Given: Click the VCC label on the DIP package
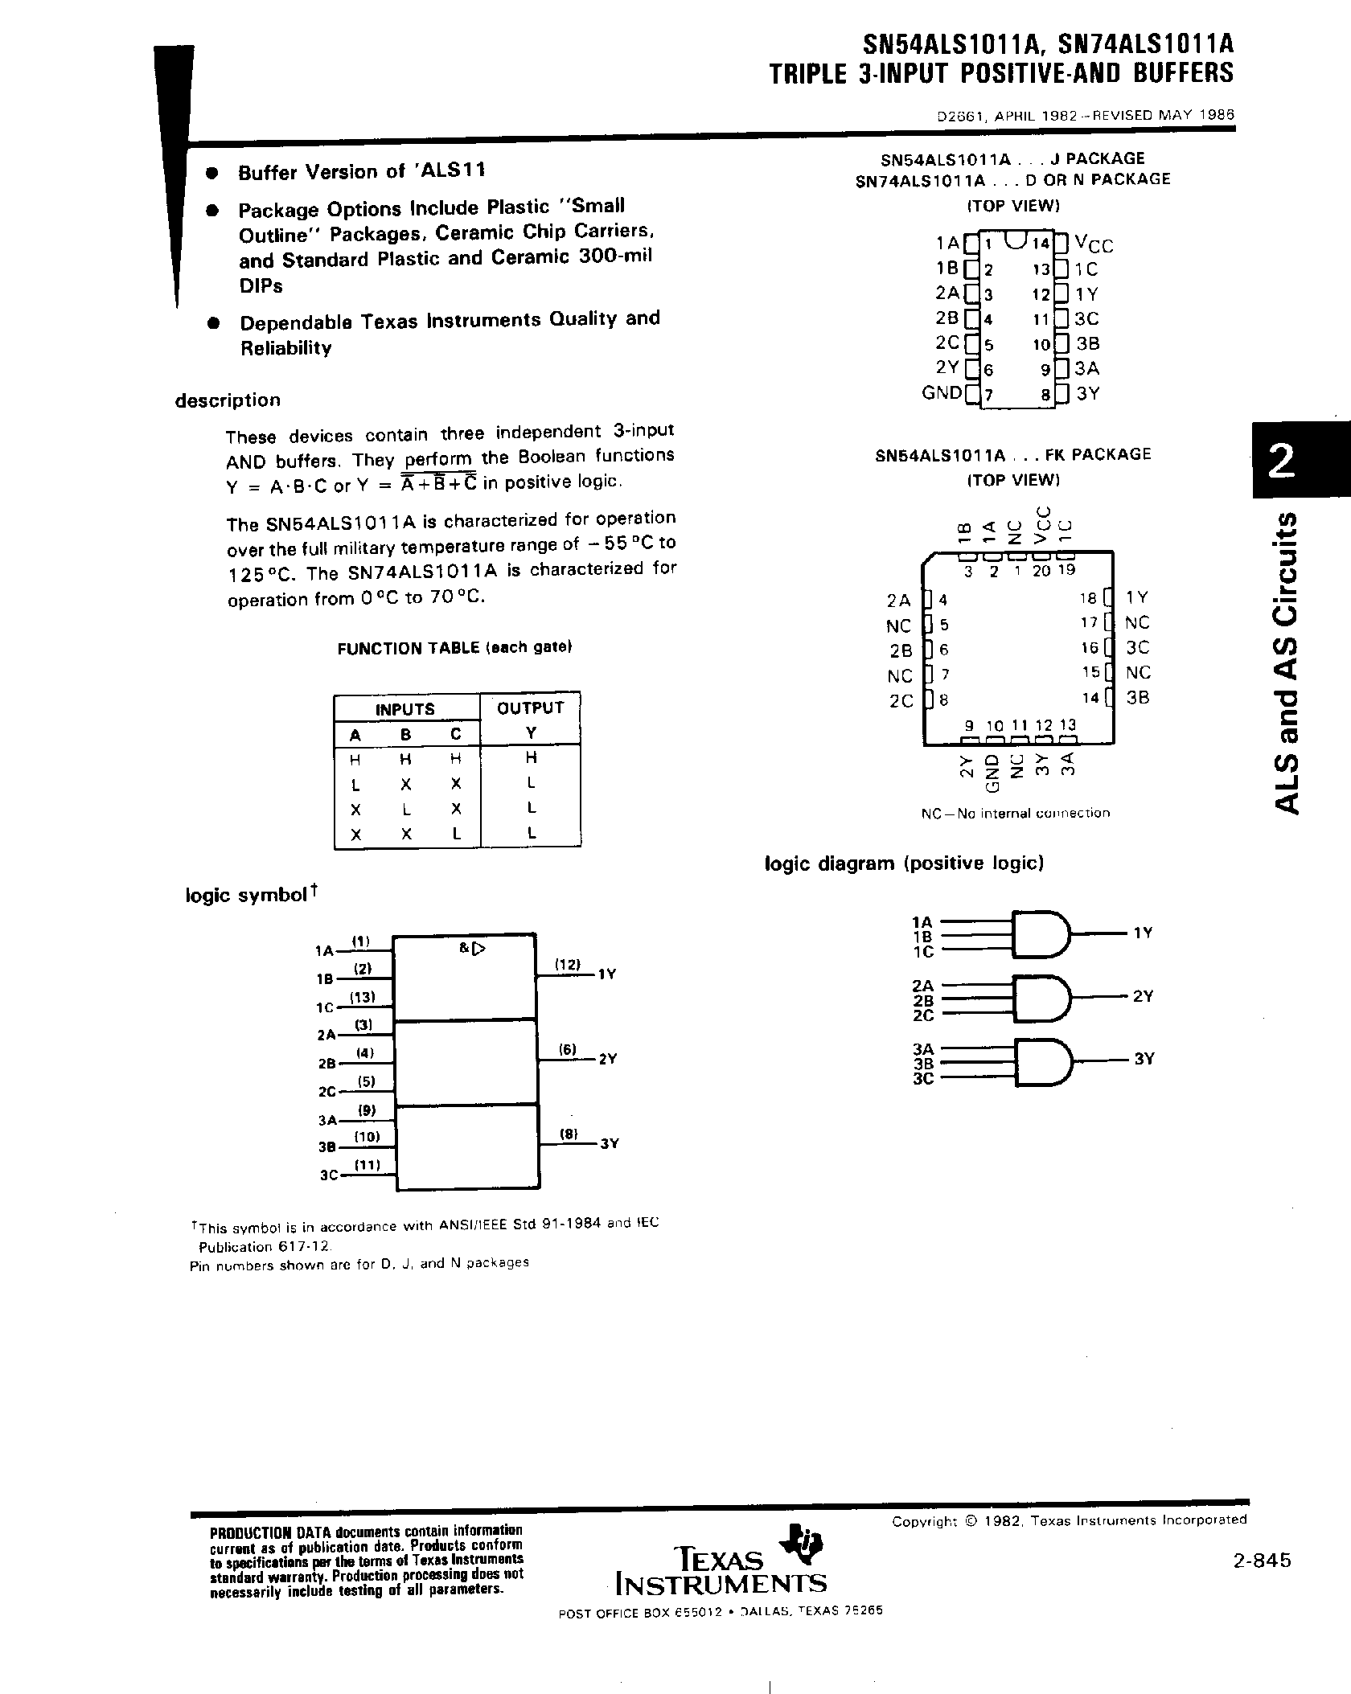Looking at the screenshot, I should [x=1094, y=244].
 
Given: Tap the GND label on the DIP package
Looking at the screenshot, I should [x=942, y=393].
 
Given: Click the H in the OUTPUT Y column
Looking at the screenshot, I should [x=531, y=757].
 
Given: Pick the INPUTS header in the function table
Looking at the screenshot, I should [x=405, y=709].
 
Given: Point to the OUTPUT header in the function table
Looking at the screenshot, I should [x=531, y=708].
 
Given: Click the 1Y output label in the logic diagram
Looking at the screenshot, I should [x=1143, y=933].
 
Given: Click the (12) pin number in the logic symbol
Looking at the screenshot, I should [x=569, y=964].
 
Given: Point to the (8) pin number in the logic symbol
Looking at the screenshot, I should [x=569, y=1134].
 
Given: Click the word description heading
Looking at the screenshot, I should [x=228, y=400].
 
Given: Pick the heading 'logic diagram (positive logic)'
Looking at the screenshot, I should [x=904, y=863].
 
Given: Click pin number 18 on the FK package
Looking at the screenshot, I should [x=1089, y=598].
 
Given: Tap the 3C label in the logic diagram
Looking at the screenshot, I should [x=922, y=1078].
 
